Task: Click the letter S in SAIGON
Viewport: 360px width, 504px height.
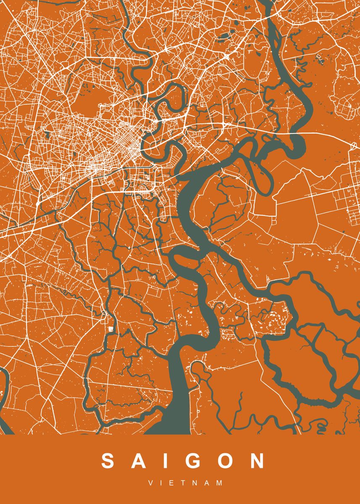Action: (108, 461)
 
